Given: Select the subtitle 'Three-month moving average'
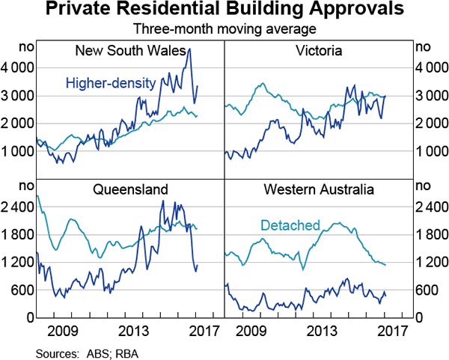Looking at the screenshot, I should coord(224,31).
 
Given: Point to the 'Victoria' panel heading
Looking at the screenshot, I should coord(319,52).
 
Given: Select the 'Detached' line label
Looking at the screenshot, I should coord(290,225).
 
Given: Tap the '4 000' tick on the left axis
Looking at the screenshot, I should coord(19,68).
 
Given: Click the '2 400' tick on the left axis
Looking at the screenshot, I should coord(19,207).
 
